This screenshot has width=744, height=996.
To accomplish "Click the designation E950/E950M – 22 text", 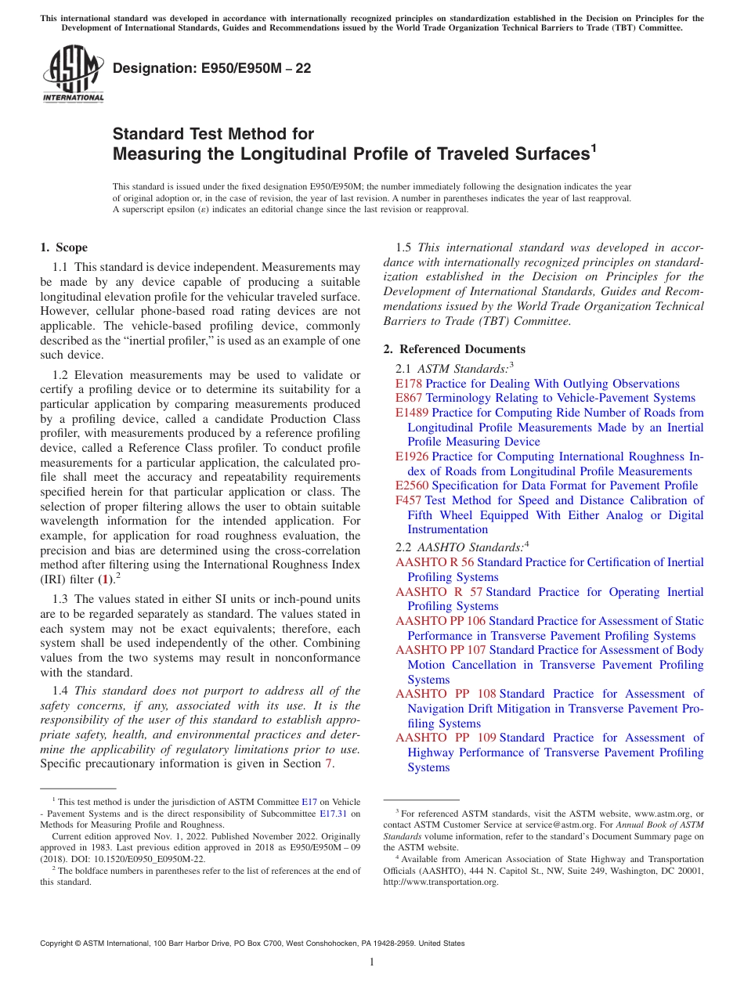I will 211,68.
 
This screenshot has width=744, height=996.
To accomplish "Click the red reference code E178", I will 409,384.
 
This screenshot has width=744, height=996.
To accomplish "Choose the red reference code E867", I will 409,398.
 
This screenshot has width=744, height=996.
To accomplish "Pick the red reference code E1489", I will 412,413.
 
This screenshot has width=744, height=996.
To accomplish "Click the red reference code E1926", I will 412,456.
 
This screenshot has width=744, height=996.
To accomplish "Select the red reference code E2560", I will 412,485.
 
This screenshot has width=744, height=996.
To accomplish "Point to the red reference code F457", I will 409,500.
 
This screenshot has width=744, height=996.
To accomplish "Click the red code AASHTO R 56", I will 435,562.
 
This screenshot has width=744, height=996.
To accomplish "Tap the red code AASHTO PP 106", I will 440,621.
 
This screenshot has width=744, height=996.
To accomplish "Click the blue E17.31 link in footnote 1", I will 334,813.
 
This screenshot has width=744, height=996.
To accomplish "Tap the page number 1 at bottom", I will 372,962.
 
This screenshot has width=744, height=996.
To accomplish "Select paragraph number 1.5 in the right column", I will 406,247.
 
